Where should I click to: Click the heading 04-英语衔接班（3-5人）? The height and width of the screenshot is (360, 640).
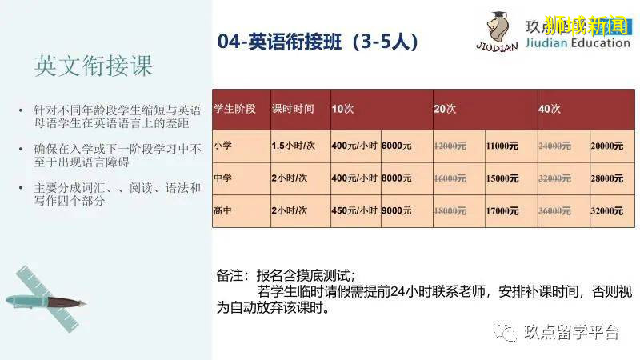[x=318, y=42]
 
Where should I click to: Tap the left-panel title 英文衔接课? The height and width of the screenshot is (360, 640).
[x=93, y=66]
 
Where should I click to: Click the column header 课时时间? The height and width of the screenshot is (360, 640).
[x=293, y=108]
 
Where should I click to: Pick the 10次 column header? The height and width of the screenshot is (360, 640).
[x=342, y=108]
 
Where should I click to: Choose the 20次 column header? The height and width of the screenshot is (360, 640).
[x=445, y=108]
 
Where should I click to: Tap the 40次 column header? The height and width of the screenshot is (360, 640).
[x=550, y=108]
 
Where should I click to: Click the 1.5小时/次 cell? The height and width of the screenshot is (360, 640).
[x=294, y=146]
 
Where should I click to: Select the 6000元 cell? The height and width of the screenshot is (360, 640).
[x=397, y=146]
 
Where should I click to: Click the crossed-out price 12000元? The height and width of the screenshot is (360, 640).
[x=450, y=146]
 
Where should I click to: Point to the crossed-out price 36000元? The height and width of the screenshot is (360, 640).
[x=555, y=210]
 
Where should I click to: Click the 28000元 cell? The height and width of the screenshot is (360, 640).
[x=607, y=178]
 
